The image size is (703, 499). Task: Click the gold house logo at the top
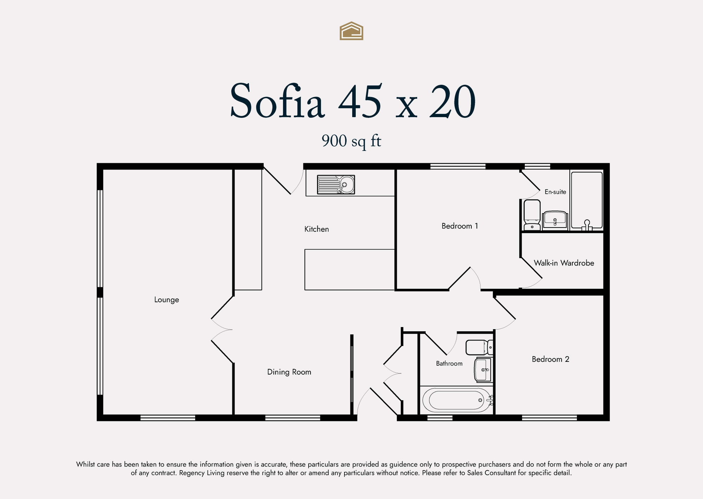(x=351, y=31)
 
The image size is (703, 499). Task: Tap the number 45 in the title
(x=360, y=101)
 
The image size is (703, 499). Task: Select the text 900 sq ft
(x=351, y=141)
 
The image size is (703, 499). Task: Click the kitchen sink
(x=336, y=185)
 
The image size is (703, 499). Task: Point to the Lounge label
(x=167, y=300)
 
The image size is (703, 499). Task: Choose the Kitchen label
(x=317, y=229)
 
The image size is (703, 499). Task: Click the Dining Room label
(x=289, y=372)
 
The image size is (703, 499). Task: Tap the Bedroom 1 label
(x=460, y=226)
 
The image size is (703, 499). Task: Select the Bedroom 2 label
(x=550, y=359)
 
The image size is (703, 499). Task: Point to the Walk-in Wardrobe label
(x=564, y=263)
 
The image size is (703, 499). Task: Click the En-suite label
(x=555, y=192)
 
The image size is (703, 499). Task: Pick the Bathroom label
(x=449, y=364)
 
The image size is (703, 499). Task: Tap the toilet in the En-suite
(x=532, y=215)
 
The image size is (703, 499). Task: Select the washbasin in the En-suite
(x=555, y=220)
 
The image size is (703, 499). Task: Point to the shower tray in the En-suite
(x=587, y=201)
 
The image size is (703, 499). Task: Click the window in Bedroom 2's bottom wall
(x=549, y=418)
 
